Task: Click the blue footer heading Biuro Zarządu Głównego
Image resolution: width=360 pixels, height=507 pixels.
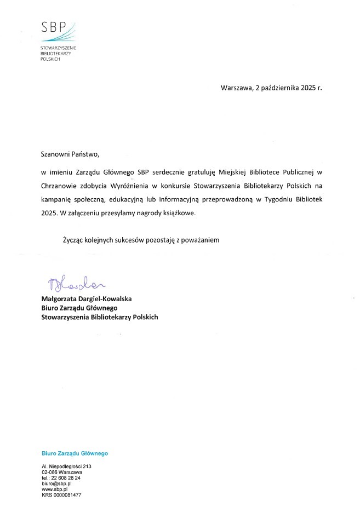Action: coord(75,454)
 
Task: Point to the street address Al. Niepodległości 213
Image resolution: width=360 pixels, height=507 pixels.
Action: coord(66,466)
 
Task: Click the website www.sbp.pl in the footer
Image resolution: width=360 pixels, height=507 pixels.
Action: coord(54,489)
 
